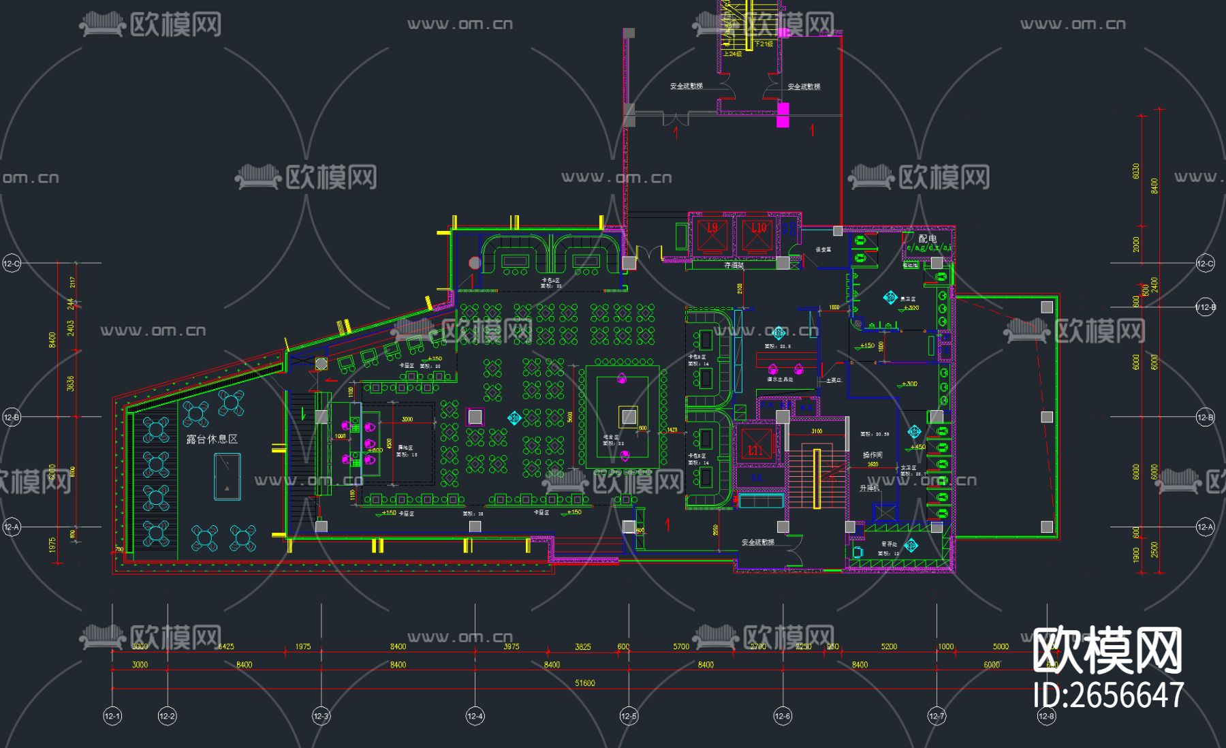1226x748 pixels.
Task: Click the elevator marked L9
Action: tap(712, 234)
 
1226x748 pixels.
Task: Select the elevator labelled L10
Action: tap(758, 234)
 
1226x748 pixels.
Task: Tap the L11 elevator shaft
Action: tap(756, 445)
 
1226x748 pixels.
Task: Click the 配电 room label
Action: tap(927, 238)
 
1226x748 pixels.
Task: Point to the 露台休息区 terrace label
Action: tap(213, 439)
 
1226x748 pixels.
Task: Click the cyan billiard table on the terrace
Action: tap(227, 476)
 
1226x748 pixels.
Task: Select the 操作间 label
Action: tap(872, 455)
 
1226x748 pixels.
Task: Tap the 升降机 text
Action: tap(869, 488)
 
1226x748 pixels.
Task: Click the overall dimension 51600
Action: tap(584, 683)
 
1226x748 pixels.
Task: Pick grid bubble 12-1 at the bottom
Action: tap(112, 716)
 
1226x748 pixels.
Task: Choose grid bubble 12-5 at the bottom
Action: tap(629, 716)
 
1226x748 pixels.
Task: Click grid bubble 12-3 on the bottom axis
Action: tap(321, 716)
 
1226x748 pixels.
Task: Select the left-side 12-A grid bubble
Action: tap(12, 527)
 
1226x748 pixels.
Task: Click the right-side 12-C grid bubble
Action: tap(1204, 264)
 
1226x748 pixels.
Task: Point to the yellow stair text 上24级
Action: tap(732, 54)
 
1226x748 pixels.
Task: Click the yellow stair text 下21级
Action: tap(764, 44)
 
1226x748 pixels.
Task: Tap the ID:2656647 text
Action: tap(1108, 696)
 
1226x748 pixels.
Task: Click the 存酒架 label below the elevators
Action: tap(734, 266)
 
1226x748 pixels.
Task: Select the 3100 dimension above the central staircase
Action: tap(816, 431)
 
